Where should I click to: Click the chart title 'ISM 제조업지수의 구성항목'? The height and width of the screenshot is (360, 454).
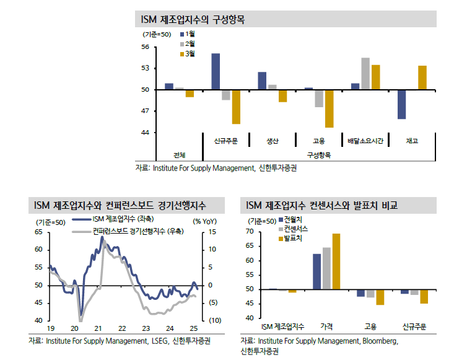pos(193,20)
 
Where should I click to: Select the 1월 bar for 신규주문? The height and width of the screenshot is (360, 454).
pos(216,71)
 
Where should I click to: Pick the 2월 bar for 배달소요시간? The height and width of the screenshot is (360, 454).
pos(365,74)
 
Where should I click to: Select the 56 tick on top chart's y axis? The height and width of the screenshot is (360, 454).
pos(145,47)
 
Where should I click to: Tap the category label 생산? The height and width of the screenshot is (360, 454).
pos(273,141)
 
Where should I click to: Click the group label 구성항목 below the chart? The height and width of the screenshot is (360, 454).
pos(319,155)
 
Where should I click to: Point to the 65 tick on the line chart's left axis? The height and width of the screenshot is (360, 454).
pos(38,232)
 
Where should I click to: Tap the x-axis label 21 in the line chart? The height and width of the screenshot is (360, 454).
pos(98,328)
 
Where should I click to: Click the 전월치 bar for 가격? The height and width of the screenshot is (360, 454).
pos(316,271)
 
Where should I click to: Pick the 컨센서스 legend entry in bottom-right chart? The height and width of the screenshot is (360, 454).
pos(295,229)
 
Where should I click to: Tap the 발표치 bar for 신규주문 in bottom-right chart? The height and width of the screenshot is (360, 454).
pos(424,296)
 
